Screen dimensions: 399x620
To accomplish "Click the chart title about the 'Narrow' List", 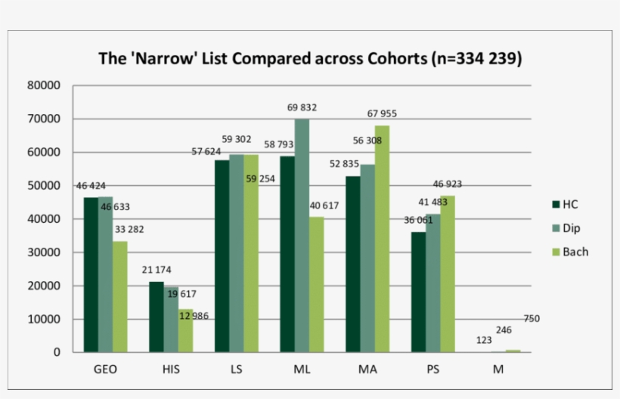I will click(x=310, y=59).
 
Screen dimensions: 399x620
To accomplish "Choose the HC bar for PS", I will click(x=418, y=292).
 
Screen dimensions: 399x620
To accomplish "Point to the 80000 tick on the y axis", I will click(x=44, y=85).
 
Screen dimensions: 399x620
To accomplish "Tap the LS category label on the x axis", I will click(x=236, y=369).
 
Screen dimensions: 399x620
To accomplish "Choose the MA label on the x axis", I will click(x=367, y=369).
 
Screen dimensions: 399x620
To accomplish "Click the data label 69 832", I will click(x=302, y=108).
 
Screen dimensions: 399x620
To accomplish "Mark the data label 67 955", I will click(x=382, y=114).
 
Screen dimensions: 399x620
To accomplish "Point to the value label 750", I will click(x=532, y=319).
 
